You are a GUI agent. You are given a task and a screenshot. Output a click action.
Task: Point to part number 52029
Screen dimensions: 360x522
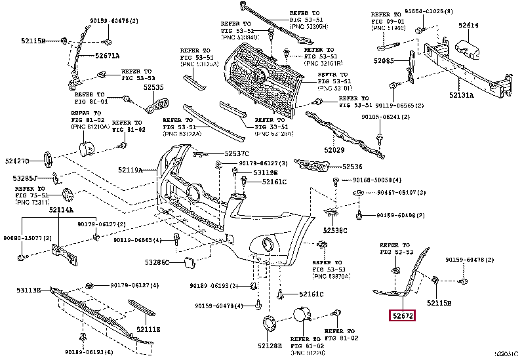tap(334, 150)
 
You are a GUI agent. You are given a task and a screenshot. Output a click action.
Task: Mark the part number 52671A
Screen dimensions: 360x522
tap(107, 56)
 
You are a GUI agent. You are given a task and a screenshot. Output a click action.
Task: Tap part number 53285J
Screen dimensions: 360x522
tap(26, 178)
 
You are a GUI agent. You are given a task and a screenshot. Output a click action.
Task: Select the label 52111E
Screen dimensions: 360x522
tap(148, 329)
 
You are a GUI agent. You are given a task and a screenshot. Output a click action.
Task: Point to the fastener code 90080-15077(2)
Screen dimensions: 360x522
tap(28, 238)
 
